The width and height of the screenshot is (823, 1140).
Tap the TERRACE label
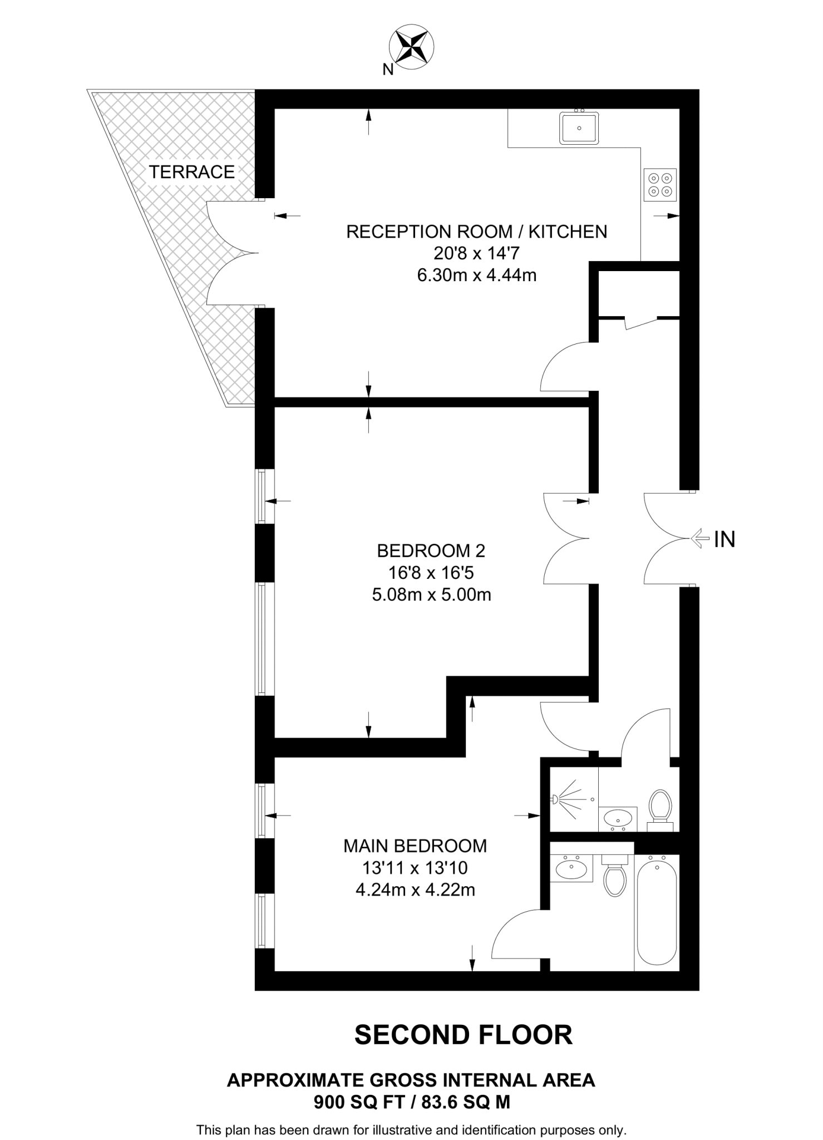point(191,172)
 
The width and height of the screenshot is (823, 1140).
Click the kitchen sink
point(579,128)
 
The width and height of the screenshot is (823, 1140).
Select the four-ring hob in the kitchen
point(660,184)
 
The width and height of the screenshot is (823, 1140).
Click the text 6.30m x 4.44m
point(477,275)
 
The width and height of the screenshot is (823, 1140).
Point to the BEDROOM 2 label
point(431,551)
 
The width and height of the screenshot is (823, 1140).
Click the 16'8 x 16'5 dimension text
point(431,573)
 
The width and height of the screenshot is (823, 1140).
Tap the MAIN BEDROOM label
point(415,846)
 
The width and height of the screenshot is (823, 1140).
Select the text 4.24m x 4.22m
point(415,890)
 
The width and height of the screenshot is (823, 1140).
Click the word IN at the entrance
point(725,539)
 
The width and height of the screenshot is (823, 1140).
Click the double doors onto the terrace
point(232,253)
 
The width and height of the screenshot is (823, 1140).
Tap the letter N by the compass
point(388,70)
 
